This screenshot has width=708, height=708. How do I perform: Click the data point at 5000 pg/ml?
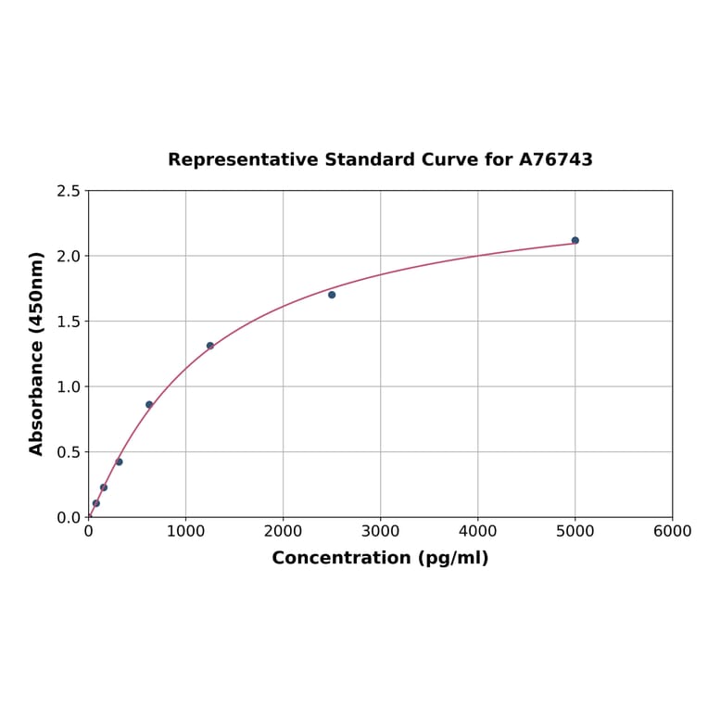pos(575,240)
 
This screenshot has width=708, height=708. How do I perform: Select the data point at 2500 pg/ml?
pos(332,295)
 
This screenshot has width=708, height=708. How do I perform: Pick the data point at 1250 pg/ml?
pos(210,346)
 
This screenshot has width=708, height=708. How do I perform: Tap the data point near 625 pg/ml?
pos(149,404)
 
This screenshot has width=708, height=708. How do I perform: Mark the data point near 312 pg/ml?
pos(119,461)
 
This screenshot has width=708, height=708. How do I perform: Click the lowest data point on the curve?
pos(96,503)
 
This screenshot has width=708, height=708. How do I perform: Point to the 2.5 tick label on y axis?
pos(69,191)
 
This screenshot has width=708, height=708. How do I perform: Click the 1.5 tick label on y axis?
pos(69,322)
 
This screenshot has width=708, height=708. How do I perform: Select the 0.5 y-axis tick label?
pos(69,452)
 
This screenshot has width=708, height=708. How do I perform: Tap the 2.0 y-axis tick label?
pos(69,256)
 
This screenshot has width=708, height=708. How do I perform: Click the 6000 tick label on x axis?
pos(672,531)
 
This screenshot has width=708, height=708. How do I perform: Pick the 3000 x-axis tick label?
pos(380,531)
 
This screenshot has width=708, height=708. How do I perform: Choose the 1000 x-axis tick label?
pos(185,531)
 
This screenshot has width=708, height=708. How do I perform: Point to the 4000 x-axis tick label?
pos(477,531)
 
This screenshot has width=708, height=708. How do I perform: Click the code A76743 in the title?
pos(555,159)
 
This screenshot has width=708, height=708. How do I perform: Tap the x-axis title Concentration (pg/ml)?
pos(380,558)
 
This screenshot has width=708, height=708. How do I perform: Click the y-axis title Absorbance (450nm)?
pos(37,353)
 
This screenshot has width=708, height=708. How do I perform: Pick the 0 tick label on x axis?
pos(88,531)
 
